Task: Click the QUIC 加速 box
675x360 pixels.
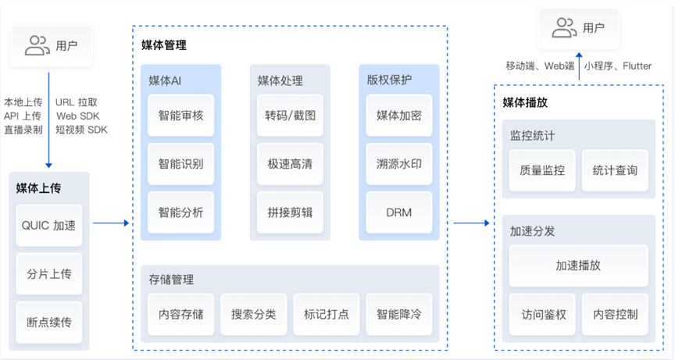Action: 49,226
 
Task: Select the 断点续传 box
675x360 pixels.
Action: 49,323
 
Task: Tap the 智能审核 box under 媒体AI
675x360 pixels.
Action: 180,116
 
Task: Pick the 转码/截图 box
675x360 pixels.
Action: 290,116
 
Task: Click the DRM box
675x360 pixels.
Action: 399,212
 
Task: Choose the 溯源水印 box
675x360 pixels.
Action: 399,164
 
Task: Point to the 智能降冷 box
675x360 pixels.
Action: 399,315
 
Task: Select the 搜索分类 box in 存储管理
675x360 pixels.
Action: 254,315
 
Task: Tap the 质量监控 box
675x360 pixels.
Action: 542,170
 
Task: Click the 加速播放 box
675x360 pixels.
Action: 579,266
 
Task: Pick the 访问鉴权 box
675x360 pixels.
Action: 542,315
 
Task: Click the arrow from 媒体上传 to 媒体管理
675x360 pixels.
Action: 111,223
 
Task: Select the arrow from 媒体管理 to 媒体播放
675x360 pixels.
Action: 471,223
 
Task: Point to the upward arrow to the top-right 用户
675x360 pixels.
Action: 579,66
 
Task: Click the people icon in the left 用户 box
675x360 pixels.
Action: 37,45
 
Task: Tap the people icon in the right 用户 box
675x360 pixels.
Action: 564,28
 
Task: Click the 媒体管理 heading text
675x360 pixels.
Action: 164,45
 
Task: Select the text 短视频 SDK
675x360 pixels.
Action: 81,130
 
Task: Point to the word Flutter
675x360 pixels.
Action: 637,66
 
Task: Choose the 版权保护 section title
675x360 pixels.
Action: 389,80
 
